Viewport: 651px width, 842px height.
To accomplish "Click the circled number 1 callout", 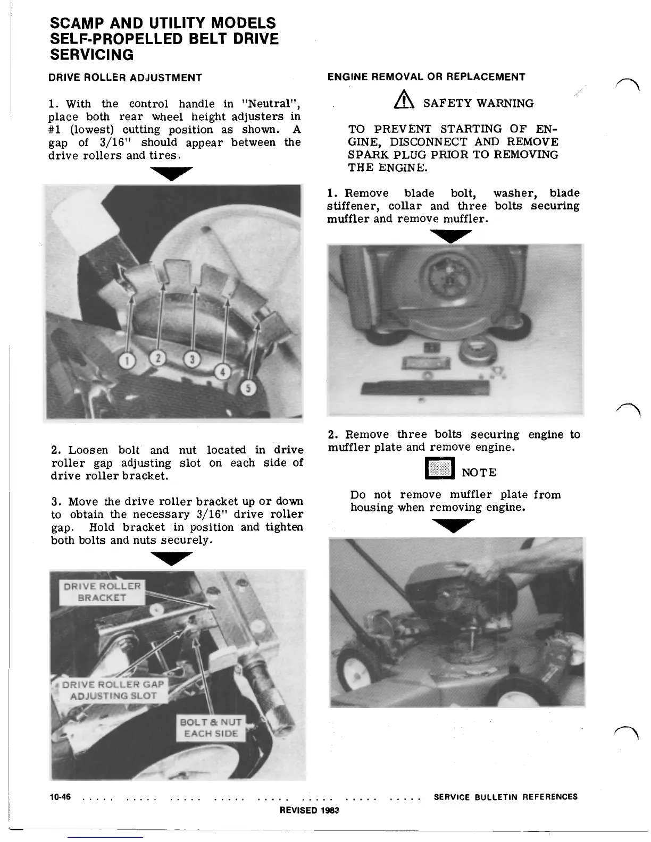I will [126, 361].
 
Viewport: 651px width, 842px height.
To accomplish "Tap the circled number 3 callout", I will [193, 360].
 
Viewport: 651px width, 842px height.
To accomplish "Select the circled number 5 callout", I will [248, 388].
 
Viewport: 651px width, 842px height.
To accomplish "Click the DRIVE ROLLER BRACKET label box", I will [102, 592].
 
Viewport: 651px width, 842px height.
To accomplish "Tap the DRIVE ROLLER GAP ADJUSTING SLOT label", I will [113, 690].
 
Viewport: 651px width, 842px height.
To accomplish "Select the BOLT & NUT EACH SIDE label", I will [211, 728].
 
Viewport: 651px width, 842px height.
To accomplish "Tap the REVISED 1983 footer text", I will [309, 810].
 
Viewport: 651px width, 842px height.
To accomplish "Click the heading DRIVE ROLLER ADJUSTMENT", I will [125, 78].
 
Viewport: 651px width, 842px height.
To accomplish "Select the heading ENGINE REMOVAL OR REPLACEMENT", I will [426, 77].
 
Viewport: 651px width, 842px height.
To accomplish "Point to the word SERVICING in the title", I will [91, 55].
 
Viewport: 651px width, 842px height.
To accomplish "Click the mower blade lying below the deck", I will [425, 386].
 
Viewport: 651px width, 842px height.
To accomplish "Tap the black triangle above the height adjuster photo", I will [171, 173].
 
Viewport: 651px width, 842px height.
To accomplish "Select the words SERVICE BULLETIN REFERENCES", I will [505, 797].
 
